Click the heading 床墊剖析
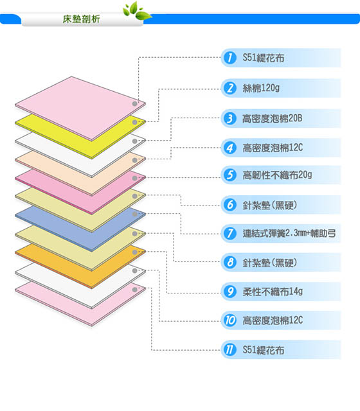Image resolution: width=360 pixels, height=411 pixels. coord(81,19)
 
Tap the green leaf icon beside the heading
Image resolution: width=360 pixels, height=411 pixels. coord(137,11)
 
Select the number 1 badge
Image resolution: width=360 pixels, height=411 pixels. coord(230,58)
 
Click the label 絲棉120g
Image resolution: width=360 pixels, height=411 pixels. coord(261,88)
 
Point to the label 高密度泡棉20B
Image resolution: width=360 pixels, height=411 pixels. coord(273,118)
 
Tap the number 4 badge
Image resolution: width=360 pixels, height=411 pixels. coord(230,148)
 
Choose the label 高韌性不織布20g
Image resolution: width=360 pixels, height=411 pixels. coord(277,175)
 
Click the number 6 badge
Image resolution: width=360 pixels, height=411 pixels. coord(230,205)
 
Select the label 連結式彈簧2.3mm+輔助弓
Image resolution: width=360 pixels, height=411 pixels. coord(289,233)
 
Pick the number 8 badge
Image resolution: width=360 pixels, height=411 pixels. coord(230,262)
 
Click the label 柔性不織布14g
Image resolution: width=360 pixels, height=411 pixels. coord(273,292)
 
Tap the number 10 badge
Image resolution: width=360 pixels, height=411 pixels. coord(230,320)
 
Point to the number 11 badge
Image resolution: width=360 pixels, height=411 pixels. coord(230,349)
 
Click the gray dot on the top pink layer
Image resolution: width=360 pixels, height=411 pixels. coord(135,104)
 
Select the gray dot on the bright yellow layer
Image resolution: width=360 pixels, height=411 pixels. coord(135,123)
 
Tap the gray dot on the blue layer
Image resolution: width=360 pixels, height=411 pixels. coord(135,214)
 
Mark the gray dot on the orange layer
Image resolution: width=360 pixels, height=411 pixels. coord(135,252)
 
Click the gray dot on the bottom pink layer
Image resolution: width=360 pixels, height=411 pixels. coord(135,290)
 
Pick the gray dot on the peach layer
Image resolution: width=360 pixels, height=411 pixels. coord(135,160)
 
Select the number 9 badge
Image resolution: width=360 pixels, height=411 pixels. coord(230,292)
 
